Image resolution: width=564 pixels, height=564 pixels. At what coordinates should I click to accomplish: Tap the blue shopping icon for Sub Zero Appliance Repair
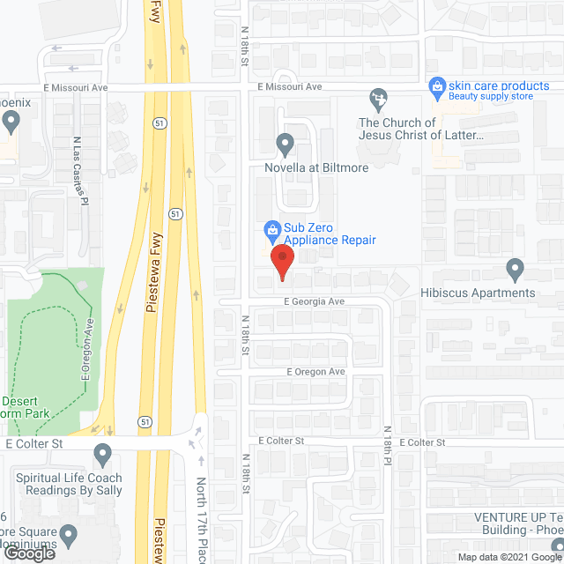click(x=273, y=230)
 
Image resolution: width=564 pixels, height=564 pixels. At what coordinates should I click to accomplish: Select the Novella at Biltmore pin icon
click(x=285, y=143)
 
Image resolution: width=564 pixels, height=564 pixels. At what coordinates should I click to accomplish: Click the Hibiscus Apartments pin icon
click(x=516, y=268)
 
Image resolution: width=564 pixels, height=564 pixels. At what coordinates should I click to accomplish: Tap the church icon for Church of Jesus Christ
click(x=379, y=98)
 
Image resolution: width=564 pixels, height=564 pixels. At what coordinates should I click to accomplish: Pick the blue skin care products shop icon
click(x=435, y=85)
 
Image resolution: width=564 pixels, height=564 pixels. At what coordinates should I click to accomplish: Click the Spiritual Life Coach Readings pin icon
click(x=103, y=456)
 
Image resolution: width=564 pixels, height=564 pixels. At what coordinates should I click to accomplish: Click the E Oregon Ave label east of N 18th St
click(x=315, y=372)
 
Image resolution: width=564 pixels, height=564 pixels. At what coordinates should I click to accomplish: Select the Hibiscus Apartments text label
click(x=491, y=293)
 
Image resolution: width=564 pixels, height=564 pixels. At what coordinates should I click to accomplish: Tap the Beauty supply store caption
click(x=491, y=96)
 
